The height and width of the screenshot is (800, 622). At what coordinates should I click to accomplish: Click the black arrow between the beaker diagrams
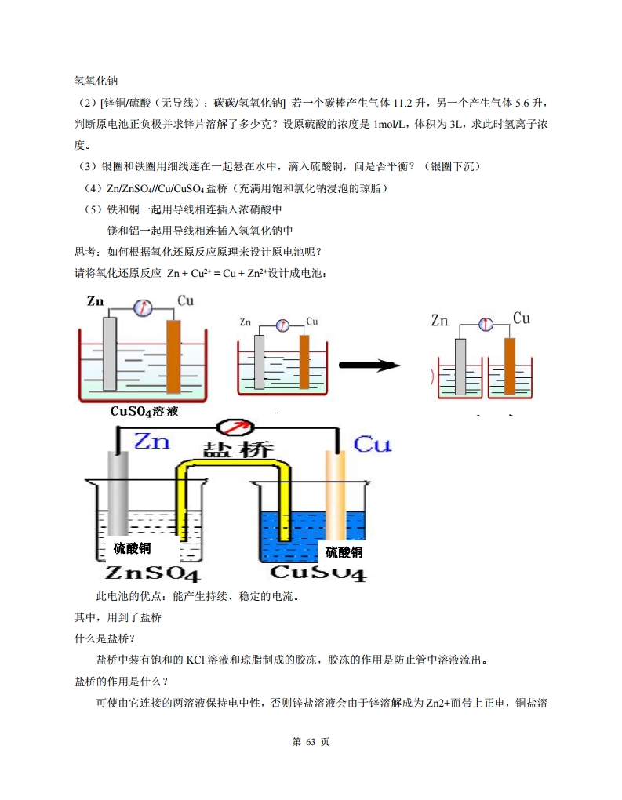(369, 365)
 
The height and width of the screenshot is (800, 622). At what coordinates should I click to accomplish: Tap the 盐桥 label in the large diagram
(238, 449)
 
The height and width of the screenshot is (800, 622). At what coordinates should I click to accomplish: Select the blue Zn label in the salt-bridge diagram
(151, 441)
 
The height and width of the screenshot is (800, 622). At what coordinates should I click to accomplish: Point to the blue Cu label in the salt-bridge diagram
(372, 445)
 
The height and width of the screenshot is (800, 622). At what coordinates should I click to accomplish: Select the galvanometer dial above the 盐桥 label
(238, 428)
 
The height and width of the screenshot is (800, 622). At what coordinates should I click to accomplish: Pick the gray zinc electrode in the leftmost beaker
(110, 353)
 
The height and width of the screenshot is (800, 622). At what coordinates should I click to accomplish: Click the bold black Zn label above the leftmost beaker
(95, 301)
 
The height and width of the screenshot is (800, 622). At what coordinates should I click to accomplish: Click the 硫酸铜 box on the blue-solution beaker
(344, 551)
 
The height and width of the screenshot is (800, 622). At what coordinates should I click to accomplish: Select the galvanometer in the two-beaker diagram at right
(485, 322)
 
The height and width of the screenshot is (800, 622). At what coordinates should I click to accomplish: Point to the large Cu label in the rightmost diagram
(521, 318)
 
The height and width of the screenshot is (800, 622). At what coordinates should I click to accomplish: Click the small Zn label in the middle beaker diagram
(245, 322)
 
